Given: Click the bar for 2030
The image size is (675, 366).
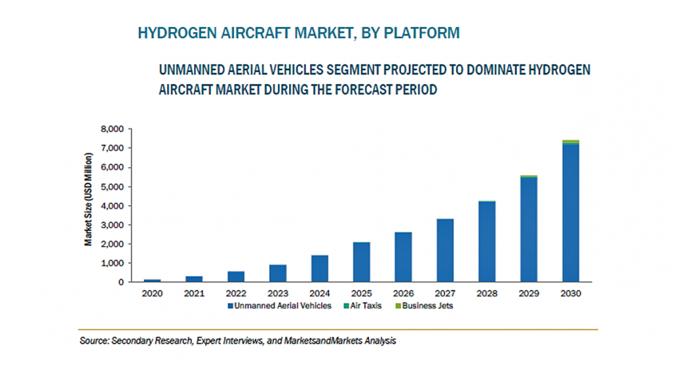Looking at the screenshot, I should pos(570,213).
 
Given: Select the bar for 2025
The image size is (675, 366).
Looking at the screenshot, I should pos(361,262).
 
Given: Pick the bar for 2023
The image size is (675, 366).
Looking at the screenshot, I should pos(277,273).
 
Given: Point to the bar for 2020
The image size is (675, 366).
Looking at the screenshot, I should pos(152,280).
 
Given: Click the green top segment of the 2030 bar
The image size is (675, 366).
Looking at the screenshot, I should pos(570,141).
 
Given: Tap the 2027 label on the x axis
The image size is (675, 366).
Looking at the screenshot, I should pos(444,293).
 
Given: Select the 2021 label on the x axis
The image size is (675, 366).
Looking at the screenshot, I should pos(193,293).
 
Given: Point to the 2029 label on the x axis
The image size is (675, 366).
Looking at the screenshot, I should pos(528,293).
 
